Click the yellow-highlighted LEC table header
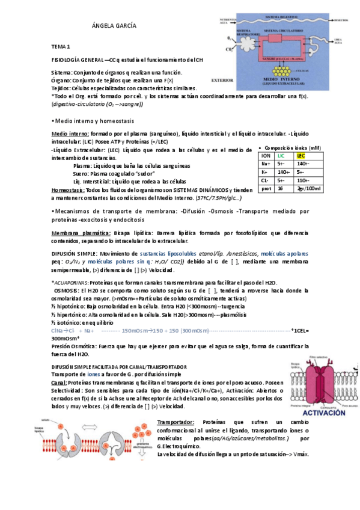tap(302, 156)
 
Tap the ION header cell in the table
tap(265, 156)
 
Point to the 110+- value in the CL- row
tap(303, 180)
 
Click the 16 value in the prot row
tap(281, 188)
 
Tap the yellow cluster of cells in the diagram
tap(279, 70)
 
